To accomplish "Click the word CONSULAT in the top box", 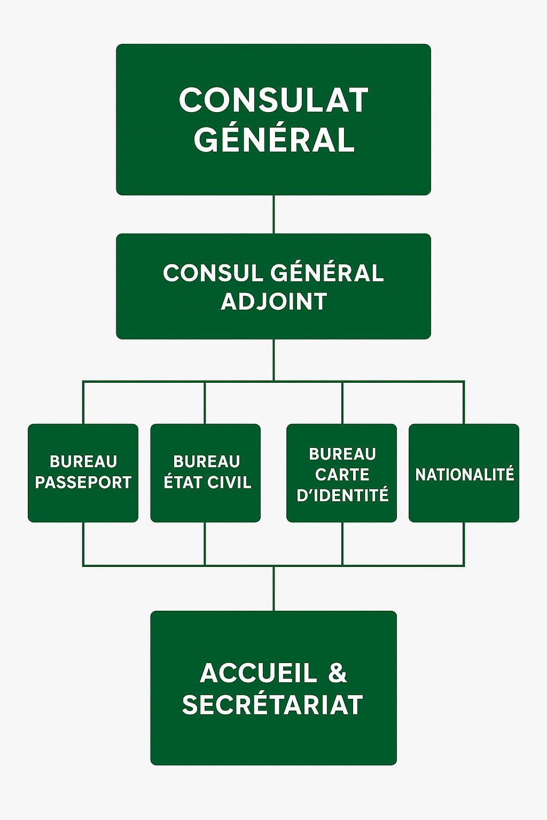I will (273, 100).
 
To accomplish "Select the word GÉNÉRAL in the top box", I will (273, 140).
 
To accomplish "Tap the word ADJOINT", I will (273, 302).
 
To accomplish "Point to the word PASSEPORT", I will (83, 483).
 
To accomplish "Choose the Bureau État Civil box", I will (206, 472).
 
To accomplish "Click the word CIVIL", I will (229, 483).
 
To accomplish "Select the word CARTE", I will (342, 475).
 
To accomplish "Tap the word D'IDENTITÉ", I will (342, 495).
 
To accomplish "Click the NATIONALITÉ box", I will (464, 473).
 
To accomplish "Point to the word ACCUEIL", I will (259, 673).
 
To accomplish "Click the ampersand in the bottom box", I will (338, 673).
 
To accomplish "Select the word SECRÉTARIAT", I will (272, 705).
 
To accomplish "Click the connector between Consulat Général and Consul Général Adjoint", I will (273, 214).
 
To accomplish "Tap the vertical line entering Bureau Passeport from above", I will (83, 403).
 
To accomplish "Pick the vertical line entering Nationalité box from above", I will (464, 403).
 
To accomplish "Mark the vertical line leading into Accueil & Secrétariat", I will (273, 588).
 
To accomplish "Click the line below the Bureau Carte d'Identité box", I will (342, 543).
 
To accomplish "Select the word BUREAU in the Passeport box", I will (83, 461).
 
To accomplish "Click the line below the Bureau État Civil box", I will (205, 543).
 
